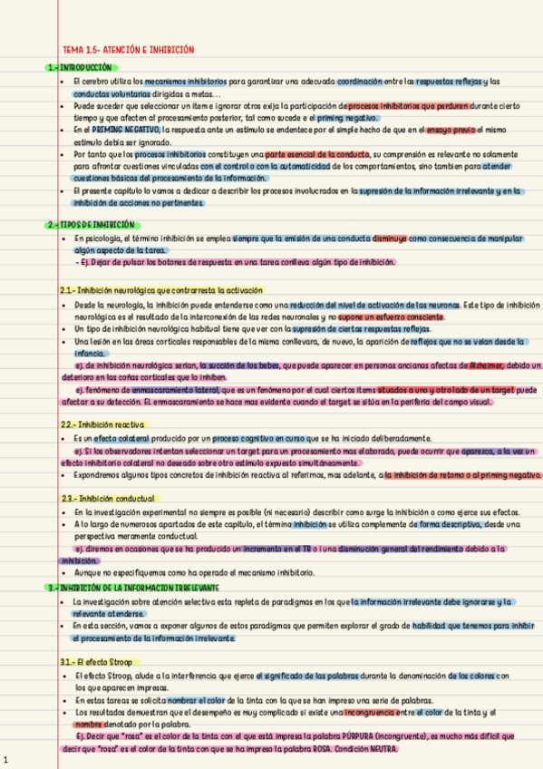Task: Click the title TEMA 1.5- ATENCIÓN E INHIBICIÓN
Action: tap(128, 50)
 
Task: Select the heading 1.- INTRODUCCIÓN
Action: tap(82, 67)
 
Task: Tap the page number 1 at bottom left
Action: tap(6, 759)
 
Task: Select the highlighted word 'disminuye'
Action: tap(390, 238)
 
